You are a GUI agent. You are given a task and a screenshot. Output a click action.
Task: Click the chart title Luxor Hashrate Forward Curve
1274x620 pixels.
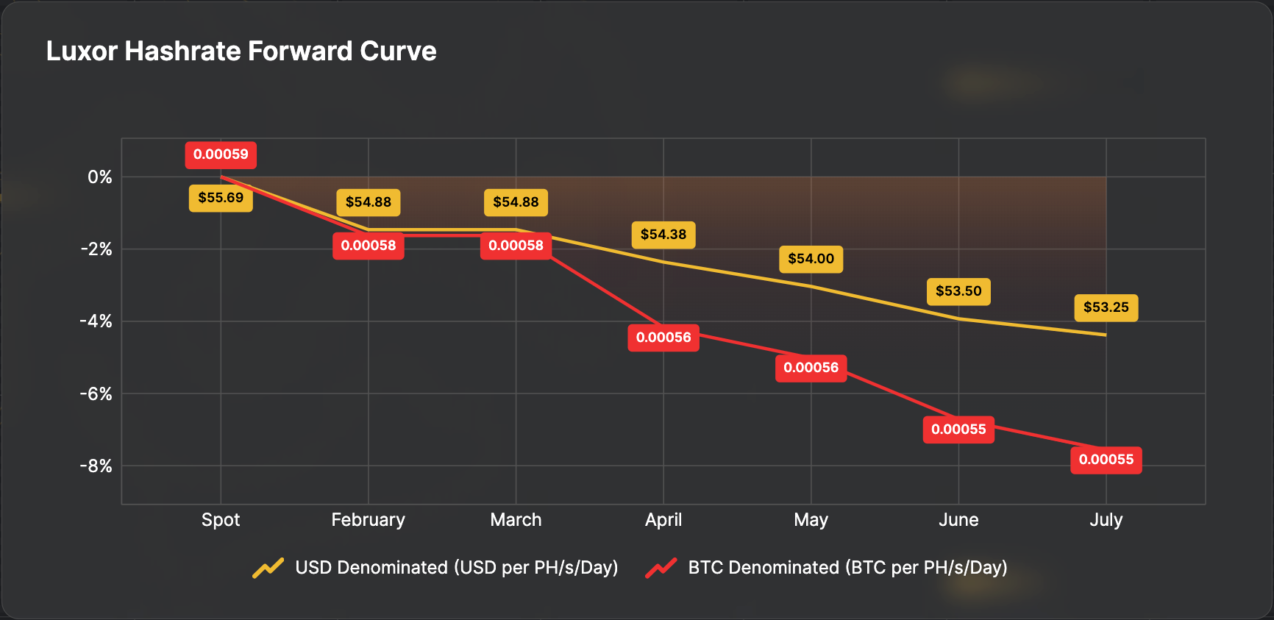(x=241, y=51)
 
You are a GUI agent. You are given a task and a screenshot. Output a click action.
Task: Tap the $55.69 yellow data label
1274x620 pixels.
(x=221, y=198)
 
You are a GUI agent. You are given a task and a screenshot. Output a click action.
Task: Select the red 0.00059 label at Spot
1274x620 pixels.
(x=221, y=154)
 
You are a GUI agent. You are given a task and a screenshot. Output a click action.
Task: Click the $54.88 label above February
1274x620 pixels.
(x=369, y=202)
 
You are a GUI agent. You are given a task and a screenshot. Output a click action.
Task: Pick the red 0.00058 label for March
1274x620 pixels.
(x=516, y=246)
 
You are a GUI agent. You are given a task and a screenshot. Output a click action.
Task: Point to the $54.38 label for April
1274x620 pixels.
(x=663, y=235)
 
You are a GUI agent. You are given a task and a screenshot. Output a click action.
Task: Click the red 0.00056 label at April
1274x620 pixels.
(x=663, y=338)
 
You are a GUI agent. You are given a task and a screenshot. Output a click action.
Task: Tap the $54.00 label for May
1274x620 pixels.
(x=811, y=259)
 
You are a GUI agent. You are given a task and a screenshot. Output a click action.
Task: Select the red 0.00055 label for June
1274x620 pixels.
(x=958, y=430)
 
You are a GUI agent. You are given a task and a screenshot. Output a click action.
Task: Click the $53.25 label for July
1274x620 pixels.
(x=1106, y=307)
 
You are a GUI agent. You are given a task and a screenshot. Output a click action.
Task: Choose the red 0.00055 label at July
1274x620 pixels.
(x=1106, y=460)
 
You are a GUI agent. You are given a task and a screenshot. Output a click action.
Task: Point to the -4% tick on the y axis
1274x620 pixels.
(x=96, y=321)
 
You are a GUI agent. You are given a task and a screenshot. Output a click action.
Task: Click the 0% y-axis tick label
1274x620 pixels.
(x=100, y=177)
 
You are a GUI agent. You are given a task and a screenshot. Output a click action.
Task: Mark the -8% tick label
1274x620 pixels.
(x=96, y=466)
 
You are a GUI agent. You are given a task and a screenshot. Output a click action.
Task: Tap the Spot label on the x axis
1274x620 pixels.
(x=221, y=520)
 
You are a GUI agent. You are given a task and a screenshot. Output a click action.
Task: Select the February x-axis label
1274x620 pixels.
(x=369, y=520)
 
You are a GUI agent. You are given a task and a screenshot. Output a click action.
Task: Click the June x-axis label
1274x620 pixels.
(x=958, y=520)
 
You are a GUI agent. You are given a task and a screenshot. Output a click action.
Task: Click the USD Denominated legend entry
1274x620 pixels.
(x=456, y=568)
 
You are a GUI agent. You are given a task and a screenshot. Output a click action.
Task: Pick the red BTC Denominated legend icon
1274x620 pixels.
(x=661, y=568)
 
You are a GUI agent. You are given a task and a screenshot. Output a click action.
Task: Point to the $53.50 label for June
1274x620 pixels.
(x=958, y=291)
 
